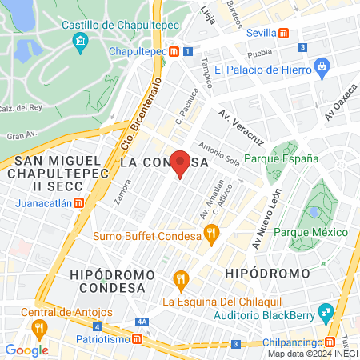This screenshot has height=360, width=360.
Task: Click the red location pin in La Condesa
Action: [181, 162]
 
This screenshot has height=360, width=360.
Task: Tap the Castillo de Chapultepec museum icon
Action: [79, 41]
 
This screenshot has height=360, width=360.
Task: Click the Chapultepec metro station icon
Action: [174, 52]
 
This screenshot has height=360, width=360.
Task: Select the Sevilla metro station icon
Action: [283, 33]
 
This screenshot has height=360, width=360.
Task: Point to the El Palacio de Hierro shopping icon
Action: [322, 65]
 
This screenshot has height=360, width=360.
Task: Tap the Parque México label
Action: [310, 232]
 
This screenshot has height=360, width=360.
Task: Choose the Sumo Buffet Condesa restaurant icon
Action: [211, 234]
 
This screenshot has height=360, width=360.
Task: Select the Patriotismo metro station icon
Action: [138, 339]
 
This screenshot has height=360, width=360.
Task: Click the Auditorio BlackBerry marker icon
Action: [325, 310]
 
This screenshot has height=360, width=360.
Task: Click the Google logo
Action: [26, 350]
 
